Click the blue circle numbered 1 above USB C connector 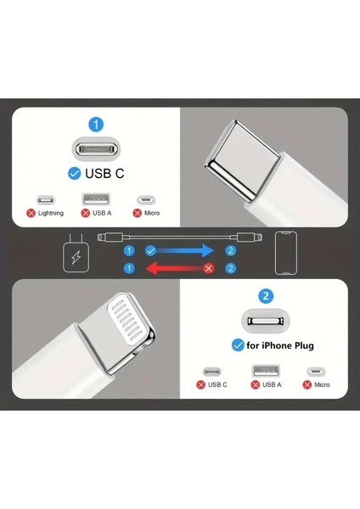[96, 125]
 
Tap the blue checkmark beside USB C [74, 174]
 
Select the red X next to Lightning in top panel [31, 213]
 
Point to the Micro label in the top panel [151, 213]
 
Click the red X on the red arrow [209, 268]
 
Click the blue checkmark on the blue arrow [150, 251]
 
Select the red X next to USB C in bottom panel [201, 384]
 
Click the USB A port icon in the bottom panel [262, 371]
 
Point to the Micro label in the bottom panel [322, 384]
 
